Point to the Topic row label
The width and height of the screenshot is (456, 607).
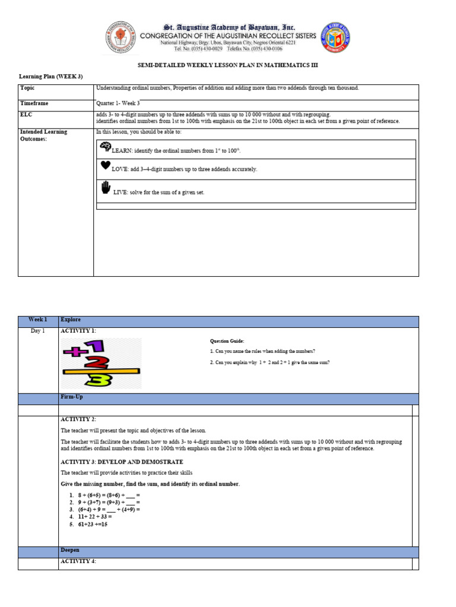(27, 88)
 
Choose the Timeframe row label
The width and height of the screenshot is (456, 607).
(34, 103)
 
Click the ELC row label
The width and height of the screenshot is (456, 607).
(26, 114)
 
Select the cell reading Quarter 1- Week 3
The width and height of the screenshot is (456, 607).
(118, 103)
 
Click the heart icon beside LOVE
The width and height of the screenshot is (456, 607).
(105, 166)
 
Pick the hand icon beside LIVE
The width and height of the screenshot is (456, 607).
(106, 189)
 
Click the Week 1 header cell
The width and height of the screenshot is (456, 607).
(38, 320)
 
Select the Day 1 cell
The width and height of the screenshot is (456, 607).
(38, 331)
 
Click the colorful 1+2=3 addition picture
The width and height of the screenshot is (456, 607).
(101, 363)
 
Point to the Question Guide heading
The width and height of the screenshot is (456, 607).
(227, 341)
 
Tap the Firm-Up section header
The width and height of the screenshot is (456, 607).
(70, 398)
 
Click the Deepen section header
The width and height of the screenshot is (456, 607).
(69, 551)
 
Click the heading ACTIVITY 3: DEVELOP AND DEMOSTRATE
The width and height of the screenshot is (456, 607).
(122, 461)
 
